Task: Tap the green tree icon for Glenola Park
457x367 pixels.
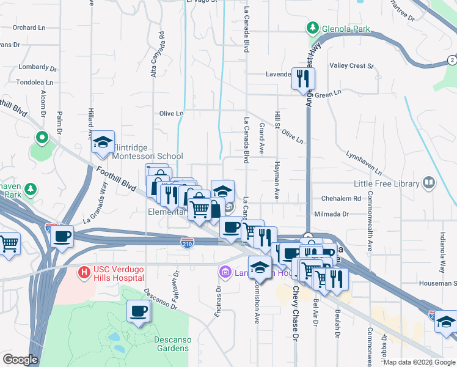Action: point(313,28)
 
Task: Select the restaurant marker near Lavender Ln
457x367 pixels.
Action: point(303,79)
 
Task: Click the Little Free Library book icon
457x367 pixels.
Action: point(430,183)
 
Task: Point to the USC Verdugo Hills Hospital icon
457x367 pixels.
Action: point(84,270)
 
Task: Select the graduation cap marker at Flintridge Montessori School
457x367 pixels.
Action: point(103,143)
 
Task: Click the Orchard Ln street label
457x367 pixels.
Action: point(29,28)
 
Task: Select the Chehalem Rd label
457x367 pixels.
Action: point(342,199)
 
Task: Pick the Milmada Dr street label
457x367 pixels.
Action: point(331,214)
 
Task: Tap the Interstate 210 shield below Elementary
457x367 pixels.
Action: point(188,243)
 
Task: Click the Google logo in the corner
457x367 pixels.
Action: point(20,360)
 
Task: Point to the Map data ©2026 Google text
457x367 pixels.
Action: point(419,362)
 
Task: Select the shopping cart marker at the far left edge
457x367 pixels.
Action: point(9,243)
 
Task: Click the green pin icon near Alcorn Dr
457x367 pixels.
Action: point(42,138)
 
